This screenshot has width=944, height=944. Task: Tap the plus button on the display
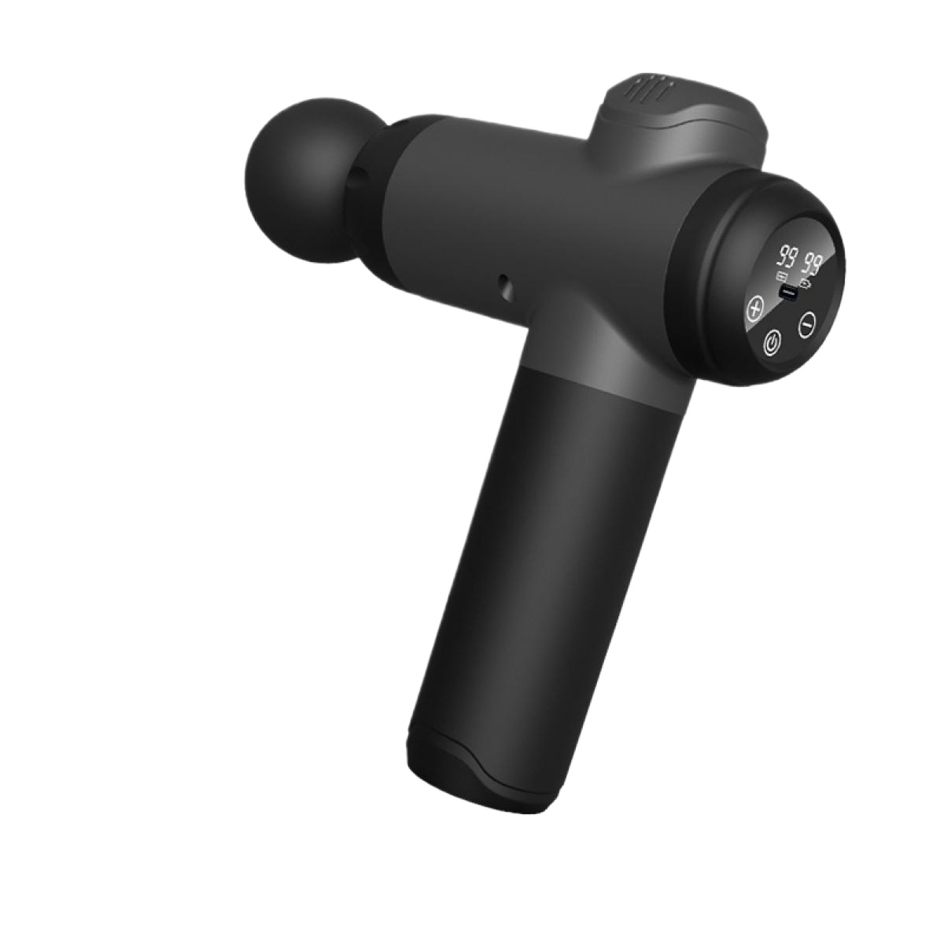(x=755, y=309)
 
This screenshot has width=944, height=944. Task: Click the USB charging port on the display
(x=788, y=293)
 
